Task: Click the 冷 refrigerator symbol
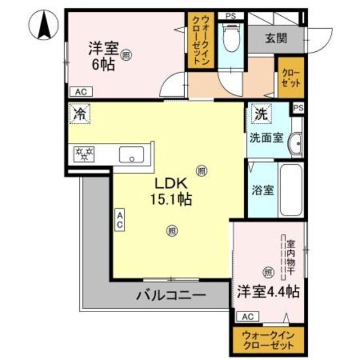point(79,114)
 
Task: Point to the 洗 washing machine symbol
point(260,114)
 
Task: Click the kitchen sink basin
point(132,154)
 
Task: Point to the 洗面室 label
point(266,139)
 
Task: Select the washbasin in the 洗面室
point(295,143)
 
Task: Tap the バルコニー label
point(170,295)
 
